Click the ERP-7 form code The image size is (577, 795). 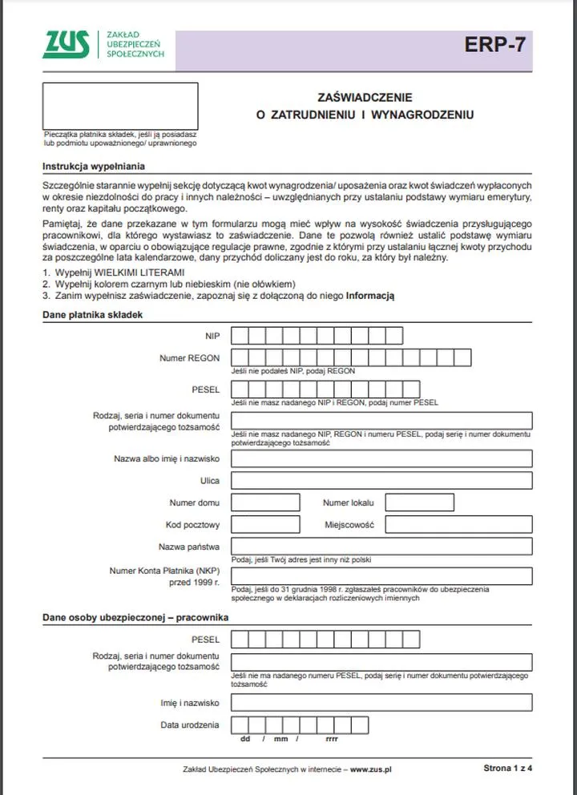click(x=495, y=45)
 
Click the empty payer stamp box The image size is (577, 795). click(x=120, y=105)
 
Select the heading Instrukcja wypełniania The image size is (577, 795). click(x=93, y=167)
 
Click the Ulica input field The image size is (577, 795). click(x=381, y=481)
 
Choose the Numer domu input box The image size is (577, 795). click(x=265, y=503)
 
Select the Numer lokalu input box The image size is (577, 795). click(x=419, y=503)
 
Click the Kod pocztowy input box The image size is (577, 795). click(x=265, y=525)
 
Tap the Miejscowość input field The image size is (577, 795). click(x=458, y=525)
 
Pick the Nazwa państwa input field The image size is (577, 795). click(x=381, y=547)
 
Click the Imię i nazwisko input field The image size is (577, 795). click(x=381, y=703)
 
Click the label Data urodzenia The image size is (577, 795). click(x=190, y=724)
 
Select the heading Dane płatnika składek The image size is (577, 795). click(x=92, y=315)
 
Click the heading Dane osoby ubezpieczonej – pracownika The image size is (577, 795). click(x=135, y=618)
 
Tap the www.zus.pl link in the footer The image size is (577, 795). click(x=371, y=769)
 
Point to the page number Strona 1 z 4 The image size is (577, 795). click(x=507, y=768)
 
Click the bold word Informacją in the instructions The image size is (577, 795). click(x=370, y=297)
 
